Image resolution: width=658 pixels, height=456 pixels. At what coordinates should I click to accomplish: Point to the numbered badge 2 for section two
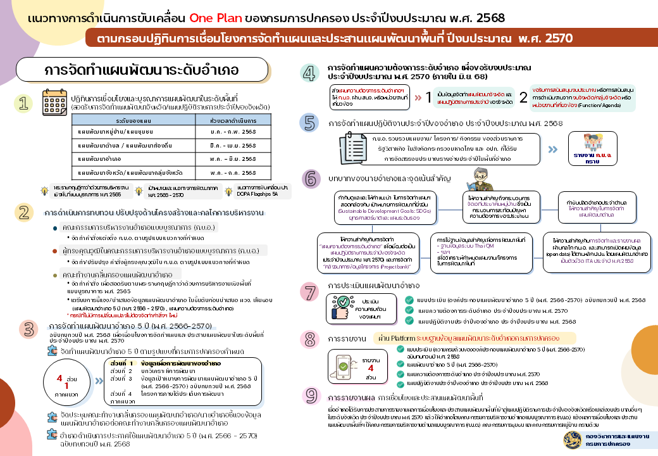(23, 212)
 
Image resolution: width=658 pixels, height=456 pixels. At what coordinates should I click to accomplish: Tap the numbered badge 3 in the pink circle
(28, 328)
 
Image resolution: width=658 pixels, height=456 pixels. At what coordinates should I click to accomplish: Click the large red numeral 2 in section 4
(523, 98)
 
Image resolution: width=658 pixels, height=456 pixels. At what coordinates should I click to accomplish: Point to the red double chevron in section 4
(419, 98)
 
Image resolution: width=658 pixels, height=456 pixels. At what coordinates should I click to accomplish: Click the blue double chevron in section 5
(552, 149)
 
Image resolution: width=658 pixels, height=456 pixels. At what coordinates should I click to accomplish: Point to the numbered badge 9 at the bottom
(311, 395)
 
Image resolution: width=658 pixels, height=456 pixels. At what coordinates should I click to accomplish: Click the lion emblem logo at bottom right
(573, 439)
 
